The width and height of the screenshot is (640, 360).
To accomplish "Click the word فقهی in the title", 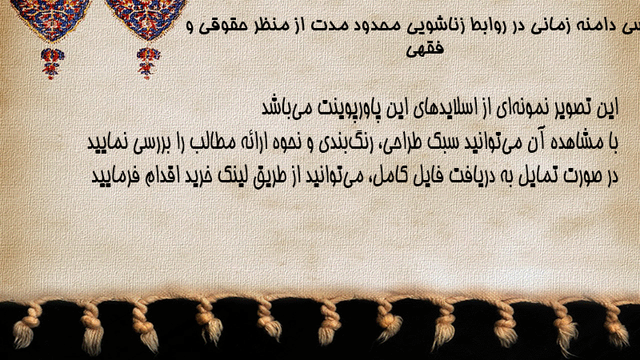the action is (425, 49).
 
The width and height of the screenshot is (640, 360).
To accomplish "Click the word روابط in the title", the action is (502, 26).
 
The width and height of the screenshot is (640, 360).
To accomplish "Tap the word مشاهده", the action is (578, 142).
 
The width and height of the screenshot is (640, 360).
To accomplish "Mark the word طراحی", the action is (401, 143).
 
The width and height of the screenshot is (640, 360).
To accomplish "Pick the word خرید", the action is (198, 176).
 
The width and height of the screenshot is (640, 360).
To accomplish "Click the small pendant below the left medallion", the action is (52, 63).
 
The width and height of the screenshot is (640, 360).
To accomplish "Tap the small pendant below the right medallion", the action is (148, 63).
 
